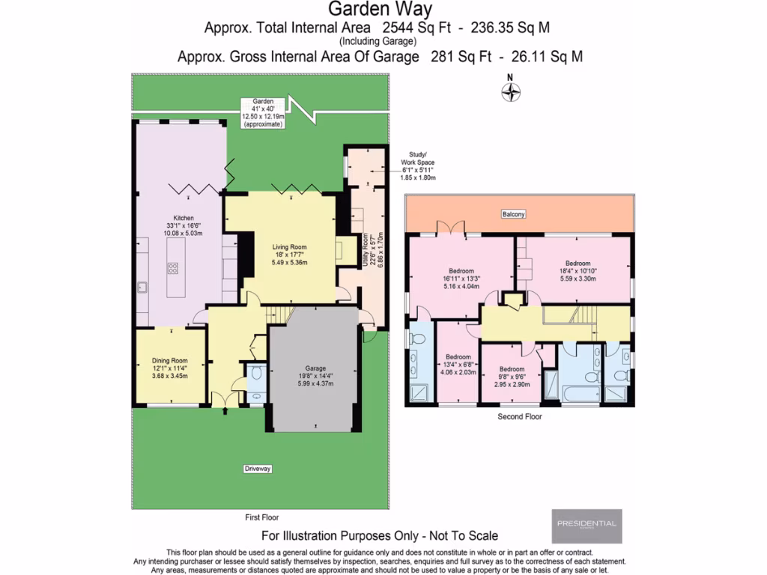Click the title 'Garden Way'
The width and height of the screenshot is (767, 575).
(x=381, y=10)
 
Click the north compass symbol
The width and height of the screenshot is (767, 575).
(x=510, y=91)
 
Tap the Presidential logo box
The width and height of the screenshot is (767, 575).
(x=586, y=526)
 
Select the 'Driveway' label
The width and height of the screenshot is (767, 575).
(x=257, y=469)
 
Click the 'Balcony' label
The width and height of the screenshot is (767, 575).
(x=514, y=214)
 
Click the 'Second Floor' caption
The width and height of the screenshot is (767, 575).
(x=519, y=416)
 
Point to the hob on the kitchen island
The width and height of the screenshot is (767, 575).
(x=173, y=267)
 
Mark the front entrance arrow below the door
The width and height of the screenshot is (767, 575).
(x=225, y=410)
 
